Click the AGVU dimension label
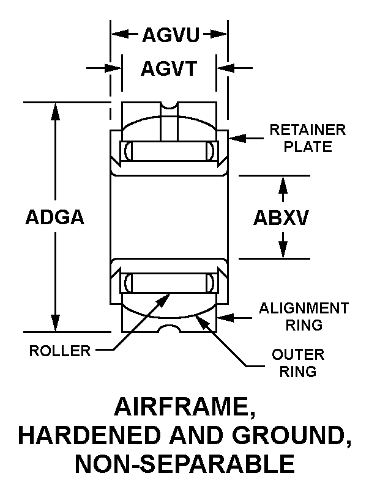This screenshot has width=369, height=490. pos(171,34)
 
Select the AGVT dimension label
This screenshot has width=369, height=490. pos(169,68)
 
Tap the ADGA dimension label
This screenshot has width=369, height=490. pos(55,217)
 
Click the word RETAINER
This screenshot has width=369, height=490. pos(308,130)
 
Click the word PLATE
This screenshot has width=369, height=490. pos(308,147)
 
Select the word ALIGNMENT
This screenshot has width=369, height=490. pos(304,308)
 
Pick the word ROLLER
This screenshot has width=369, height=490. pos(60,351)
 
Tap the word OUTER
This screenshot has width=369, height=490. pos(298,355)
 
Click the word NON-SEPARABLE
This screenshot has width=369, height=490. pos(185,464)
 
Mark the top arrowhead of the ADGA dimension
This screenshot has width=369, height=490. pos(56,111)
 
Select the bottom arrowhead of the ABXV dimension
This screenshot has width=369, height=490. pos(283,250)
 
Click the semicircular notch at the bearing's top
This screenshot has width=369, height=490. pos(169,106)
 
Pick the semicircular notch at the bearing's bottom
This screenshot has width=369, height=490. pos(169,329)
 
